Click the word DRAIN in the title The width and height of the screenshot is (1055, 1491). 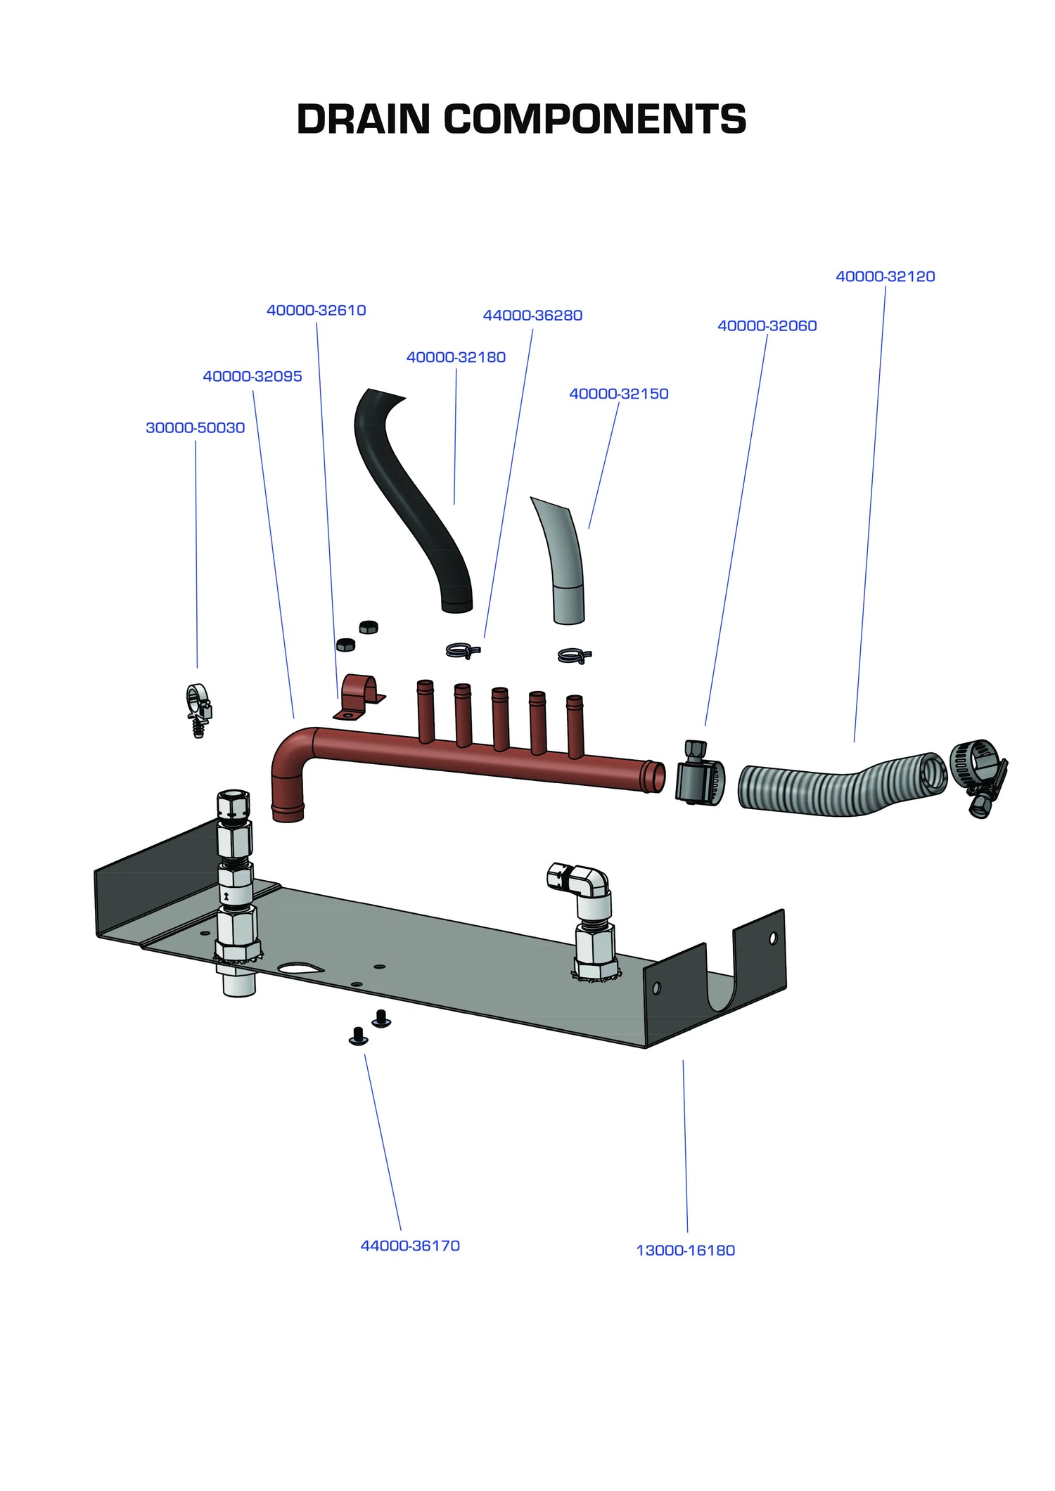363,119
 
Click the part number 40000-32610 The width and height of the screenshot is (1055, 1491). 316,310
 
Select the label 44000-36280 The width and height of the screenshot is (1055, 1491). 532,315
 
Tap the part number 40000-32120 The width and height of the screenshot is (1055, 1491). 885,276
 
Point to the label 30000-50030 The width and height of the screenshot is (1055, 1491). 195,427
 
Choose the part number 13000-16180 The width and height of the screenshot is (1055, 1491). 685,1250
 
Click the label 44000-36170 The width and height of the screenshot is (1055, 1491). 409,1245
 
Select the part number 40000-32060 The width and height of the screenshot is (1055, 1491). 767,325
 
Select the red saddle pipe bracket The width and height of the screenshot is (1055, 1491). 359,697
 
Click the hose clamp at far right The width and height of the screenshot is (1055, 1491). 978,773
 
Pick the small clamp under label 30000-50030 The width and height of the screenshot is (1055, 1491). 198,709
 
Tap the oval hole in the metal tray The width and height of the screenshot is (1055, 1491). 300,969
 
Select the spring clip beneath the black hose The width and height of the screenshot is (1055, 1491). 463,651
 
